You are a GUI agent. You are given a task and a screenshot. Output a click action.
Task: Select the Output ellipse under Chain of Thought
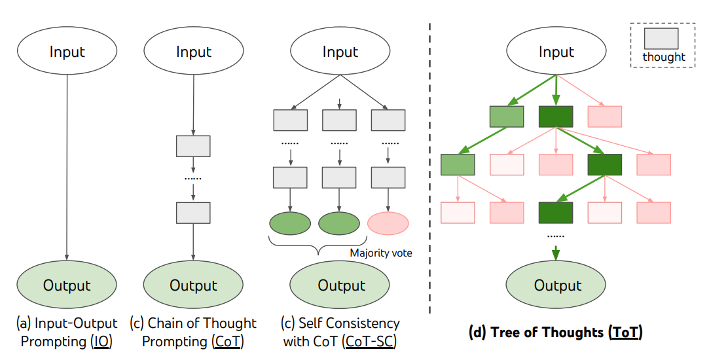[x=193, y=285]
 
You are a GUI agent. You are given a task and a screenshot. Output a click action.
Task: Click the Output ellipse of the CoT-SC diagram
[x=340, y=285]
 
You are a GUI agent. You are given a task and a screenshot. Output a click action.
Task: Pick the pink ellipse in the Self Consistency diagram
[x=388, y=223]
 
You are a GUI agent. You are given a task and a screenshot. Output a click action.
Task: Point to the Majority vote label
[x=381, y=253]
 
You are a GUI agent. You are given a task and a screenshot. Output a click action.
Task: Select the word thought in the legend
[x=664, y=57]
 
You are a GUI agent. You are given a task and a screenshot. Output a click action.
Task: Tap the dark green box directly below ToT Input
[x=556, y=116]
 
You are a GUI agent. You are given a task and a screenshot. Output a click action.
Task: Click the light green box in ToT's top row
[x=507, y=116]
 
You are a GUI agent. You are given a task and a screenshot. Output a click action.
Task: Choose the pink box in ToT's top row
[x=605, y=116]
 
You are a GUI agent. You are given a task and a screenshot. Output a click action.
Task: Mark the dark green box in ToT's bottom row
[x=556, y=212]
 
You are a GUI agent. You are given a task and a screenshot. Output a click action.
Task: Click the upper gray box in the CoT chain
[x=193, y=145]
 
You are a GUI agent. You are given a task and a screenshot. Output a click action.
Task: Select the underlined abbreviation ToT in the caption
[x=625, y=333]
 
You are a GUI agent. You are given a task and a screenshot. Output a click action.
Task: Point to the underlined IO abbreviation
[x=102, y=341]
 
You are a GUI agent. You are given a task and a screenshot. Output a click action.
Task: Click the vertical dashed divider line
[x=429, y=164]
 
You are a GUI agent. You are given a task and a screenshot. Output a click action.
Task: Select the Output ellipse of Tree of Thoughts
[x=557, y=285]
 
